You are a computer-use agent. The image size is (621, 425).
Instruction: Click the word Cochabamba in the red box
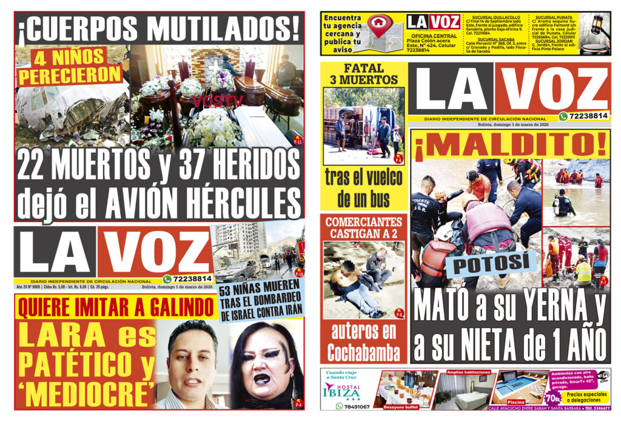click(364, 352)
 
